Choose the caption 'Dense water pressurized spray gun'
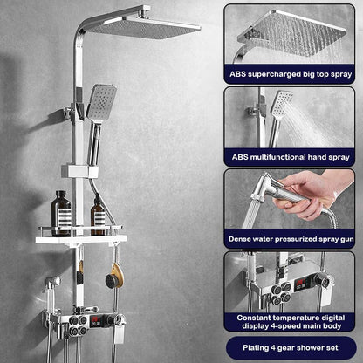click(x=291, y=236)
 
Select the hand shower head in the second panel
click(x=281, y=104)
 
